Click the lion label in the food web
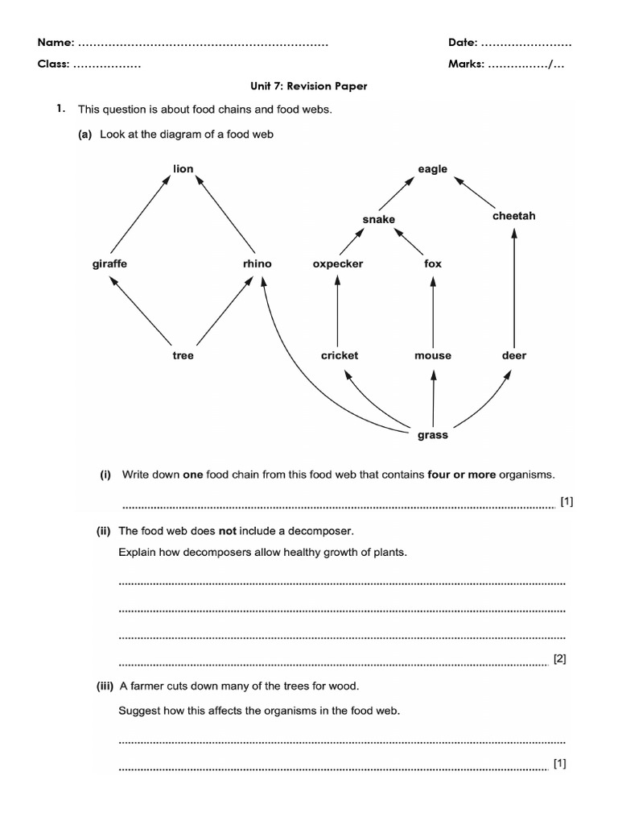click(183, 169)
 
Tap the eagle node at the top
click(432, 169)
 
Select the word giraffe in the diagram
click(109, 263)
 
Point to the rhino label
click(257, 263)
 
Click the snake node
click(378, 219)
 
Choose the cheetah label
click(513, 216)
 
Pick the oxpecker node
click(338, 263)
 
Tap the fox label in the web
click(433, 263)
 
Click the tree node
click(183, 355)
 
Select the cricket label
click(340, 355)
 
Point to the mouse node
click(433, 355)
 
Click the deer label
click(514, 355)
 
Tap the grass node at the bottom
click(433, 435)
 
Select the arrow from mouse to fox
click(433, 310)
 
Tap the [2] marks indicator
click(560, 659)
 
